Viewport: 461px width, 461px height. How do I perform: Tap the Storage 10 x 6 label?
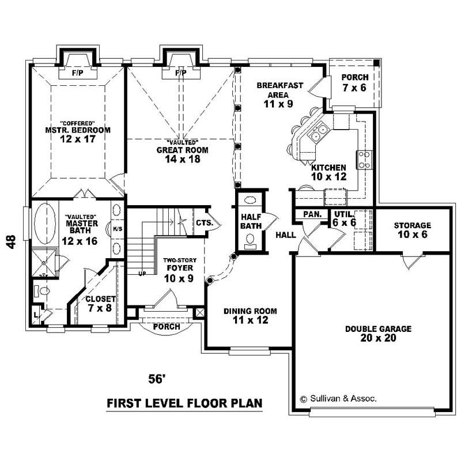pyautogui.click(x=412, y=229)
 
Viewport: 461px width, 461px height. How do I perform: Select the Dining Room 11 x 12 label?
pyautogui.click(x=246, y=316)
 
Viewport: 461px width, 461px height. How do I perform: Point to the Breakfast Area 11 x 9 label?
pyautogui.click(x=279, y=95)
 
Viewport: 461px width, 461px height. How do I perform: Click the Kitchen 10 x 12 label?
pyautogui.click(x=329, y=172)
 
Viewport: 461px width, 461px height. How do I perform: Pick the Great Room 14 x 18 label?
pyautogui.click(x=182, y=154)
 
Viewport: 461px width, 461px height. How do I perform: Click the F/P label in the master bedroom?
pyautogui.click(x=78, y=74)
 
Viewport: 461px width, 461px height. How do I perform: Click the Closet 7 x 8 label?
pyautogui.click(x=100, y=304)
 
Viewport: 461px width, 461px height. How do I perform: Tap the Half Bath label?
pyautogui.click(x=251, y=221)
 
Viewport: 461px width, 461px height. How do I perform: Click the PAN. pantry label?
pyautogui.click(x=312, y=214)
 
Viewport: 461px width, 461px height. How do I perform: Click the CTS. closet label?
pyautogui.click(x=204, y=222)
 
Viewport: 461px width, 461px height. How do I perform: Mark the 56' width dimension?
pyautogui.click(x=157, y=379)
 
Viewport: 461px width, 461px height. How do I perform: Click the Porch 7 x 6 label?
pyautogui.click(x=354, y=82)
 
